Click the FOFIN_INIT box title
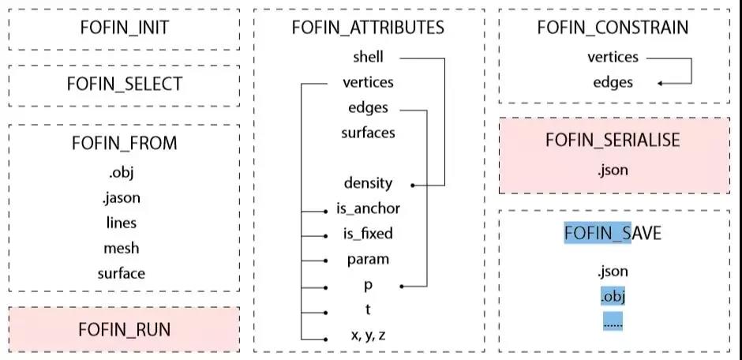(124, 28)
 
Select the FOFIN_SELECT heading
(124, 84)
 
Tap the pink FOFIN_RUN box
(124, 329)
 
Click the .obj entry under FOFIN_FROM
(122, 171)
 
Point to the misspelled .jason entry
(122, 197)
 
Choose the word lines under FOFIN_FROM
(122, 223)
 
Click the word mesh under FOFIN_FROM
(122, 248)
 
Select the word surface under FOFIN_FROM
(122, 273)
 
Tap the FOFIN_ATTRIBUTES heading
(368, 28)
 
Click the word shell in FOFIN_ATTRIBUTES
(368, 57)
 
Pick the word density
(368, 183)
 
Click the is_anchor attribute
(368, 208)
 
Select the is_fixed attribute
(368, 234)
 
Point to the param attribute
(368, 259)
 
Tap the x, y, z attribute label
(368, 335)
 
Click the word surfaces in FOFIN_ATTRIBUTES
(368, 133)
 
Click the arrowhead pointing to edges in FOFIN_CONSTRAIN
(660, 83)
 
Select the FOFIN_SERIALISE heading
(613, 140)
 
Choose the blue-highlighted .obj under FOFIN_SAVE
(613, 298)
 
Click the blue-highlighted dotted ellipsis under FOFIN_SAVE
(613, 322)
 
